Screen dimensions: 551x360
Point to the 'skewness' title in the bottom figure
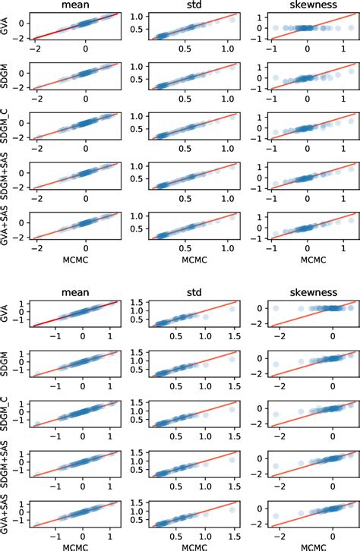point(308,291)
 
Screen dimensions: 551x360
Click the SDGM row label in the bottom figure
point(6,363)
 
